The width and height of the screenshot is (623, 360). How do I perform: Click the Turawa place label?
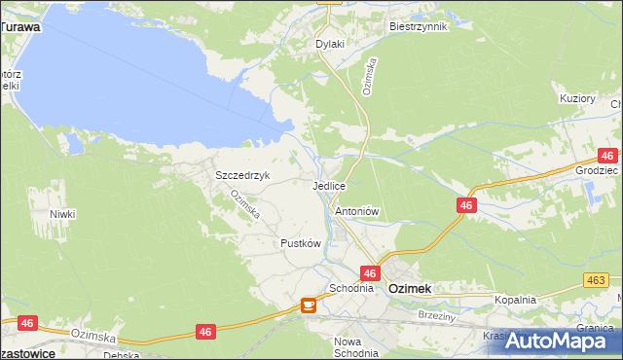20,27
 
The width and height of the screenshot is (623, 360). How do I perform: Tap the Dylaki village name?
331,44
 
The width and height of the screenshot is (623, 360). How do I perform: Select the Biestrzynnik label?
418,26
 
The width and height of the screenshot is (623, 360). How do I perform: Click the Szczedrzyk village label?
241,175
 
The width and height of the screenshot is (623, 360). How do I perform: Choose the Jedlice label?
328,185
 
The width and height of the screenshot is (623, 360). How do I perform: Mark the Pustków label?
300,243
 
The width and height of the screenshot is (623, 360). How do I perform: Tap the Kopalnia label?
515,300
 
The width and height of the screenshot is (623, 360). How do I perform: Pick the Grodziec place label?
596,169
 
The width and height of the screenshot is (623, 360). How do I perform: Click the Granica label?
594,328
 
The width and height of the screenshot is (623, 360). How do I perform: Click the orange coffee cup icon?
309,306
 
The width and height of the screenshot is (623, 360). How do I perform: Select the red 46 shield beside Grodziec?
607,156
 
